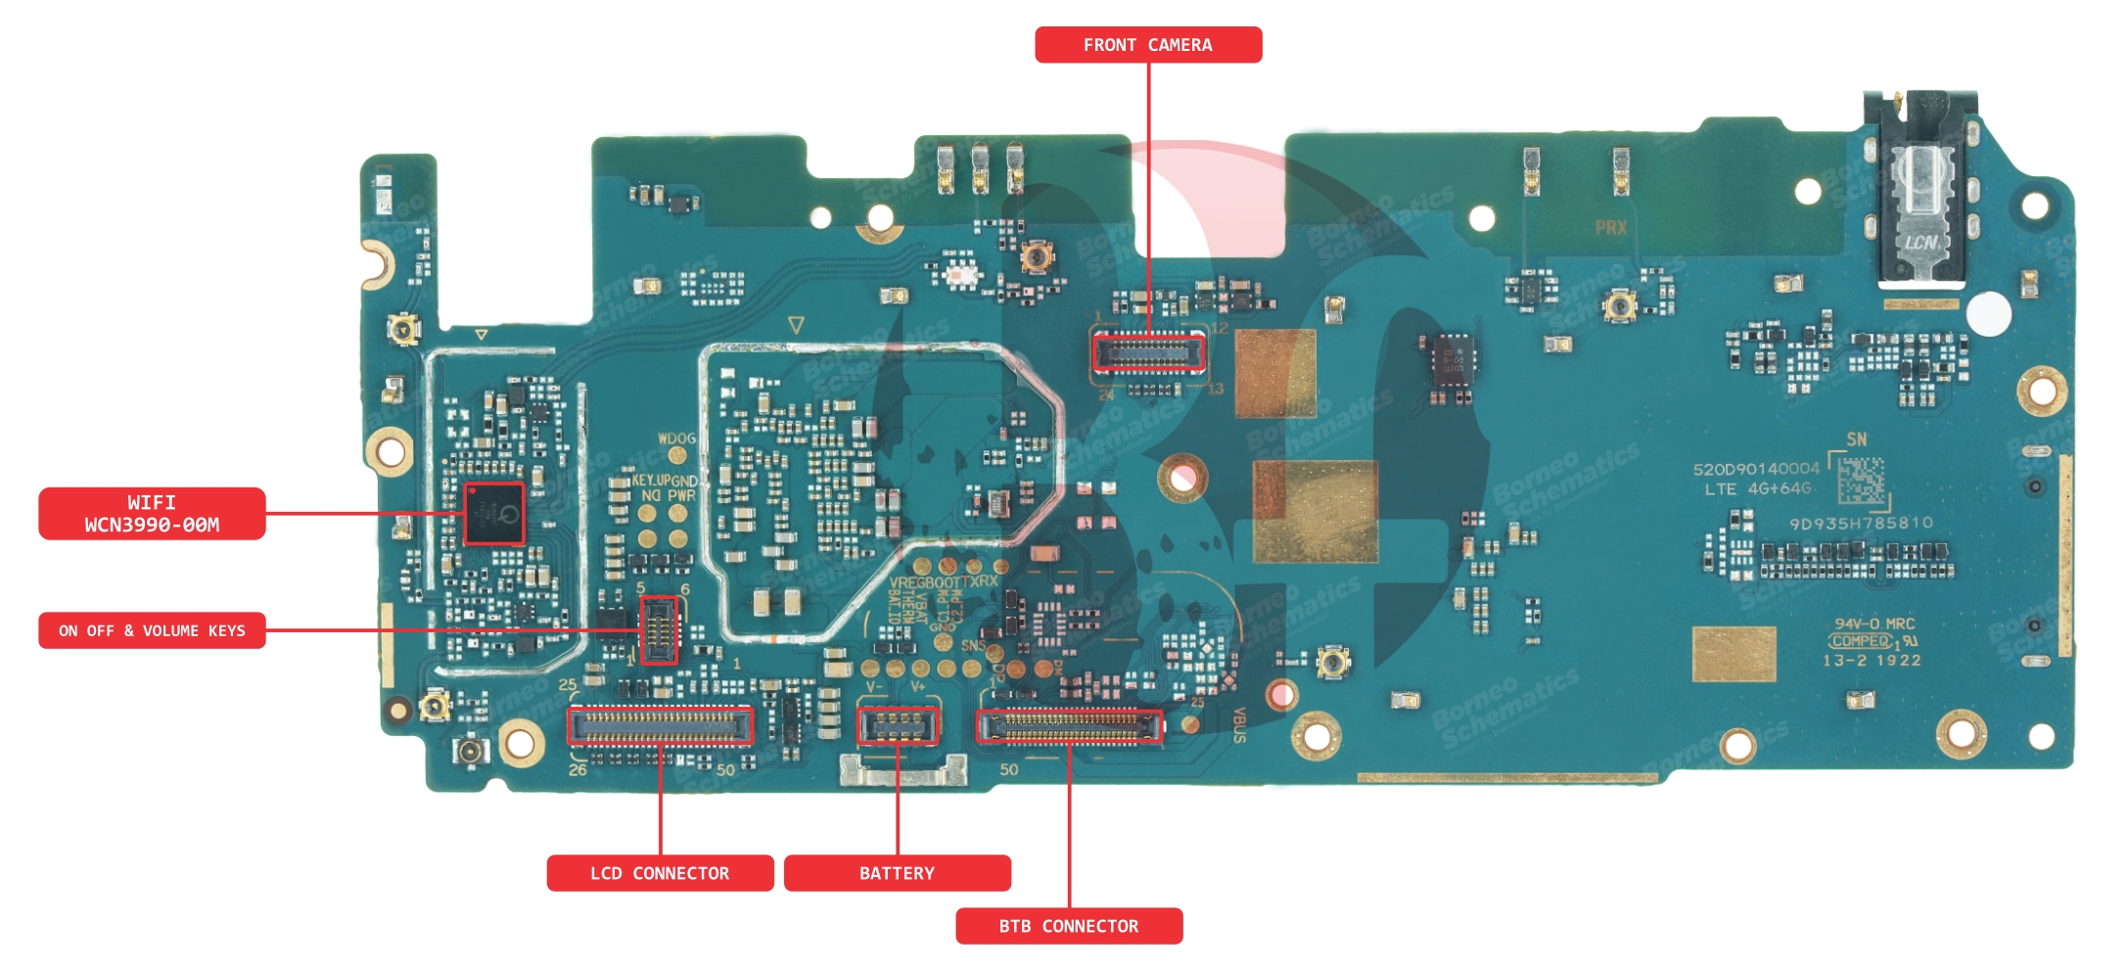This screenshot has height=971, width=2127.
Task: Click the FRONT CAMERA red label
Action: click(1147, 45)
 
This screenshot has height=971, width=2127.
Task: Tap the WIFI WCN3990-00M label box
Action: click(152, 514)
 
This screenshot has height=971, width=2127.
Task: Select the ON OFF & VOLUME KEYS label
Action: click(152, 631)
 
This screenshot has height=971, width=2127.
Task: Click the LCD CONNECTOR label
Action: click(660, 873)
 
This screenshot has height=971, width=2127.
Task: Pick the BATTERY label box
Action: click(897, 873)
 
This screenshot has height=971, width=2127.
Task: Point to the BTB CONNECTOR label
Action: click(1069, 926)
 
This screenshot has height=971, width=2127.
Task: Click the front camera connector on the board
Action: click(1148, 353)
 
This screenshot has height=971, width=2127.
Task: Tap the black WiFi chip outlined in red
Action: click(494, 514)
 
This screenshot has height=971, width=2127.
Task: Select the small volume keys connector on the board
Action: click(659, 630)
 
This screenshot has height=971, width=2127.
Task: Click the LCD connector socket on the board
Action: click(660, 725)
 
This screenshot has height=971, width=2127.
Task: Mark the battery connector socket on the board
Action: click(898, 725)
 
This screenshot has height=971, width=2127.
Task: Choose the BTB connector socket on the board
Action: click(1070, 726)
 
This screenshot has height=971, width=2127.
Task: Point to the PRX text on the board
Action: click(1610, 228)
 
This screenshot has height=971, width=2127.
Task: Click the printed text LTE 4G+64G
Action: click(1758, 489)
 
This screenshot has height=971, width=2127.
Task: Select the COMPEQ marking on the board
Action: click(1861, 642)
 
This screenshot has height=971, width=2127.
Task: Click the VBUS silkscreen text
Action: click(1238, 725)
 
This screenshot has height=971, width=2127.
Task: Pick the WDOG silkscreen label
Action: click(676, 439)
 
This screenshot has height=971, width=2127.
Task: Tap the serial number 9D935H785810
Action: click(1861, 524)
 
